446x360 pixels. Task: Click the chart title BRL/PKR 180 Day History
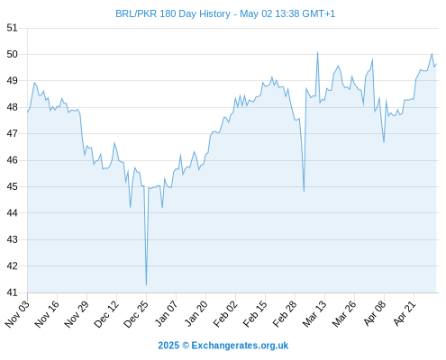tap(173, 13)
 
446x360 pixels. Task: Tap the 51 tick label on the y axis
tap(12, 28)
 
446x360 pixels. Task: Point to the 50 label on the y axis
tap(12, 54)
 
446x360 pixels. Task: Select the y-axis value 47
tap(12, 133)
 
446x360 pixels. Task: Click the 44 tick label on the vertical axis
tap(12, 213)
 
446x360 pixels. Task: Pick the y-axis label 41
tap(12, 292)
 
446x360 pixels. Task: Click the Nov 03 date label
tap(17, 313)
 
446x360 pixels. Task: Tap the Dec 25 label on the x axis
tap(136, 313)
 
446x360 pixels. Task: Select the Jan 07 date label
tap(166, 313)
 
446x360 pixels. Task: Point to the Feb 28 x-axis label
tap(285, 313)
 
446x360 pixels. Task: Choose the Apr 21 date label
tap(405, 313)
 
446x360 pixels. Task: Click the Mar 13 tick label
tap(314, 313)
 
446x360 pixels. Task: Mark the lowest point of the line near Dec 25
tap(146, 284)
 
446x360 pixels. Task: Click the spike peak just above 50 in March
tap(317, 52)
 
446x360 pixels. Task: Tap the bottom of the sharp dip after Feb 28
tap(304, 191)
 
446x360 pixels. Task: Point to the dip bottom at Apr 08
tap(384, 142)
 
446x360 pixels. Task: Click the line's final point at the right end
tap(436, 64)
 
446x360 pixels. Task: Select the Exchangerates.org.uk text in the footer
tap(240, 346)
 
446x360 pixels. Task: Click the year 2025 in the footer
tap(168, 346)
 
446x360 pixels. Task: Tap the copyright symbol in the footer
tap(186, 346)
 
